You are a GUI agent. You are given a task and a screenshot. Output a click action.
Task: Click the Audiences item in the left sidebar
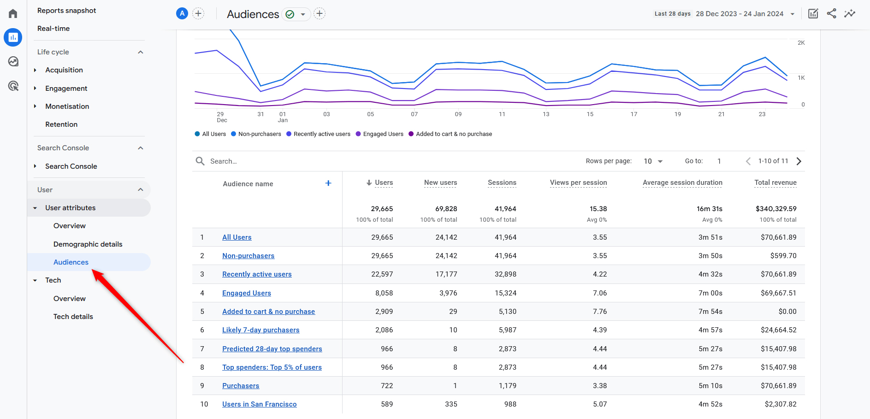71,262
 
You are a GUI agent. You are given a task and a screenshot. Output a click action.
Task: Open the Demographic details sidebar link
88,244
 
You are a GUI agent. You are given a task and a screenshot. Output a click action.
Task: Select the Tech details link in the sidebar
73,317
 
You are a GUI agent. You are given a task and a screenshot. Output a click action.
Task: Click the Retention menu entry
61,124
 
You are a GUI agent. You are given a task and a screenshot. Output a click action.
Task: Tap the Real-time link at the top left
53,29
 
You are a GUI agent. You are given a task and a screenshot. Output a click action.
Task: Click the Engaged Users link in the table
246,293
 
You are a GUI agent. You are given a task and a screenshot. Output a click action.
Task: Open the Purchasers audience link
240,386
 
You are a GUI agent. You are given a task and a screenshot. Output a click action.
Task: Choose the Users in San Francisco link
259,404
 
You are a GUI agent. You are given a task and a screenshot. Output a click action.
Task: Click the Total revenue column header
775,183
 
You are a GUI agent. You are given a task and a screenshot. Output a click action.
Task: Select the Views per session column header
578,183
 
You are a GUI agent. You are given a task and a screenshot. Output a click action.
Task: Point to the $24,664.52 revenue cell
778,330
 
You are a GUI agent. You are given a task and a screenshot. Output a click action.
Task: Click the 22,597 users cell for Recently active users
382,274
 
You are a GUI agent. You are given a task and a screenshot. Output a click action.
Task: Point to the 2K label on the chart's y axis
801,43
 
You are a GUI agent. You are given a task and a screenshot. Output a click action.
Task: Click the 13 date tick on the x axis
546,114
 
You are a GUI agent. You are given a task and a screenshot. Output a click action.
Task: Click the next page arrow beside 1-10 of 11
799,161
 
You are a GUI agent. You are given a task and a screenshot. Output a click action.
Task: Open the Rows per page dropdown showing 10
653,161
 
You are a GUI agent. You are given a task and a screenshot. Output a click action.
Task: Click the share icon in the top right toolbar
831,14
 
